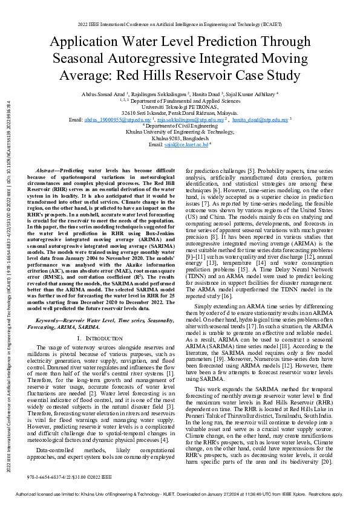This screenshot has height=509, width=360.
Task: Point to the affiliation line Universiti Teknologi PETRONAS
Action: (x=180, y=107)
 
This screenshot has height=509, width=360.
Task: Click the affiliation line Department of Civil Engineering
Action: (x=180, y=126)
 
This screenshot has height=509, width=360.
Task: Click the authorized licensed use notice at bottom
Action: (x=180, y=494)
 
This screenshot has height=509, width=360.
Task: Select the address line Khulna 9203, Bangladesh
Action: (x=180, y=138)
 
